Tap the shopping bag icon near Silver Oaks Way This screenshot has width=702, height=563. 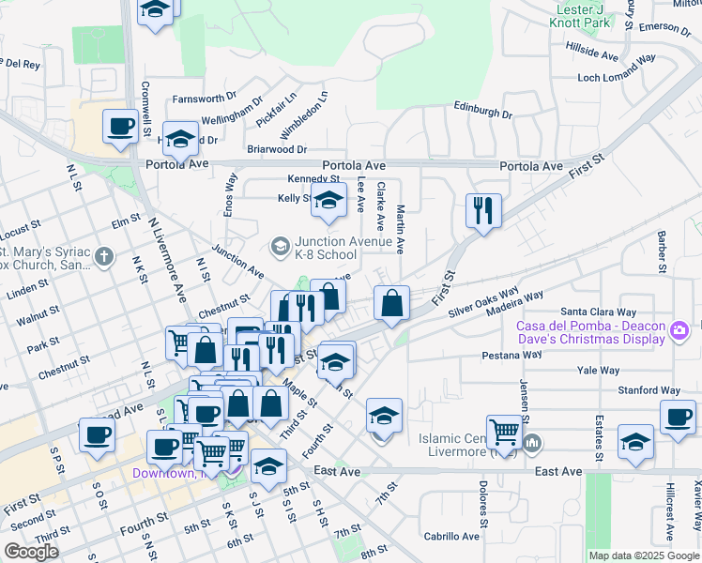(391, 303)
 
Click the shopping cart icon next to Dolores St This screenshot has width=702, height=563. (505, 432)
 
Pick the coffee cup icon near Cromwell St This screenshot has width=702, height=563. (120, 127)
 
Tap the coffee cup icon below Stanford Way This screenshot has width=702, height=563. (678, 418)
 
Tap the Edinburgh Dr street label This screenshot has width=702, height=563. (482, 113)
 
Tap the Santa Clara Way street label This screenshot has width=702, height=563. (598, 312)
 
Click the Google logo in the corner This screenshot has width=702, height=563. (31, 551)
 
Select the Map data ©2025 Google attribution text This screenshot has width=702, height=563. (644, 555)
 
